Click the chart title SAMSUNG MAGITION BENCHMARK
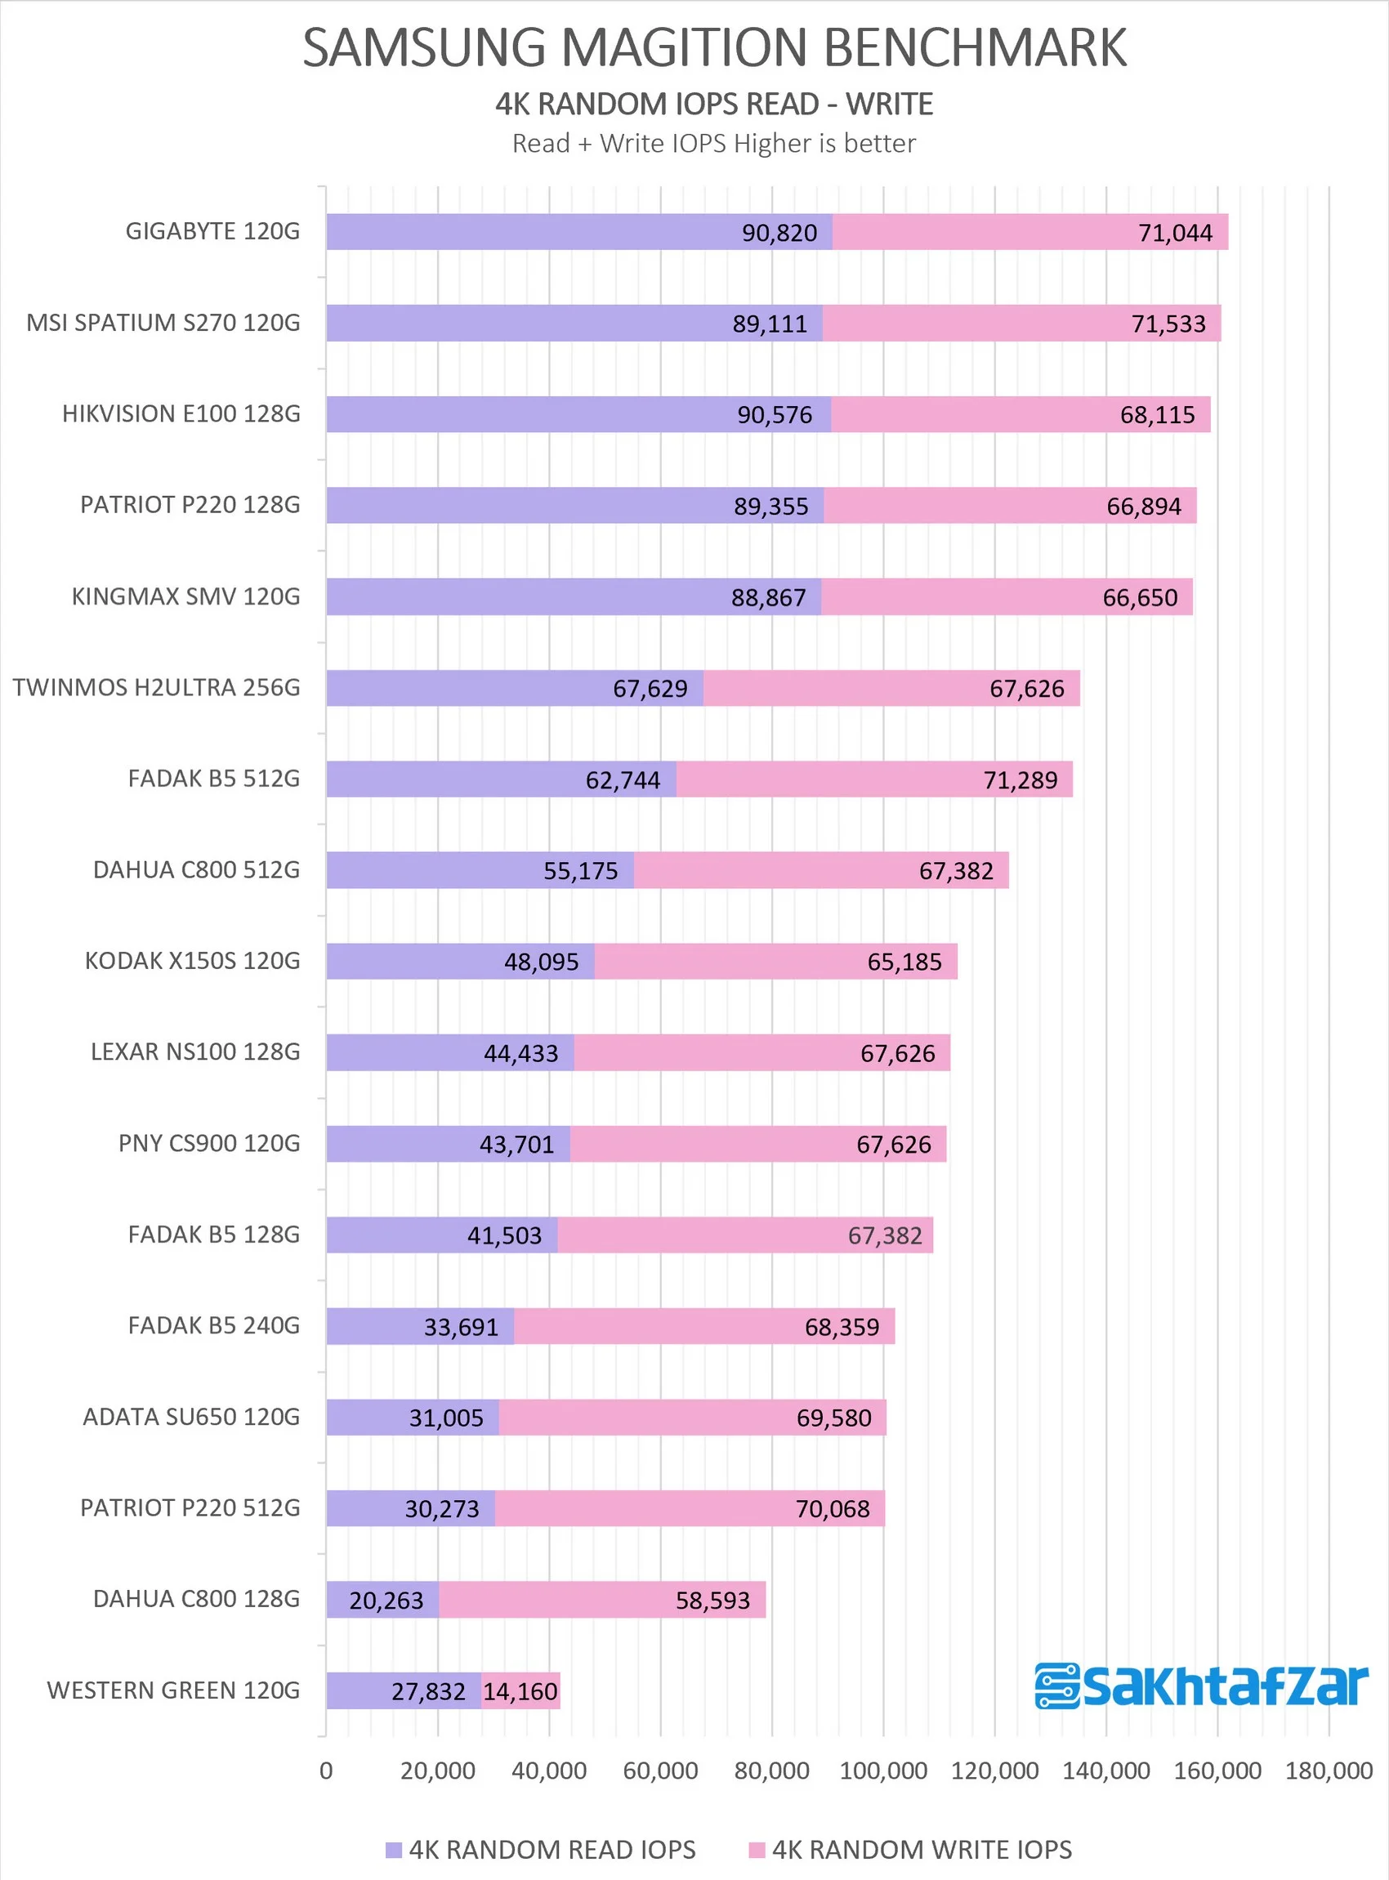(x=714, y=47)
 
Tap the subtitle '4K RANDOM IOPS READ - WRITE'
(x=714, y=105)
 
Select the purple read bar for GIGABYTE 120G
(x=579, y=232)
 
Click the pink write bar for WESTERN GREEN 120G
(x=520, y=1690)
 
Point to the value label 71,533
(x=1168, y=324)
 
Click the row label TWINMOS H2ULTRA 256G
(x=156, y=688)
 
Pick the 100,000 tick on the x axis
(x=884, y=1770)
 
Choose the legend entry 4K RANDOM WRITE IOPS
(x=910, y=1850)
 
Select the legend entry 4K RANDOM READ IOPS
(x=541, y=1850)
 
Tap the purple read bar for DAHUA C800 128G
(x=382, y=1599)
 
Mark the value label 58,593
(x=713, y=1600)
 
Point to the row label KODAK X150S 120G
(x=193, y=961)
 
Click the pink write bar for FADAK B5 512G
(x=874, y=779)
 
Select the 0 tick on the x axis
(x=326, y=1770)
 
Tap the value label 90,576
(x=775, y=414)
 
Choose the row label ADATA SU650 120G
(x=192, y=1418)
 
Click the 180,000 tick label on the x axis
(x=1329, y=1770)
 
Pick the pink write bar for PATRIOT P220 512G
(x=690, y=1508)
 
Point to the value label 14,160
(x=520, y=1691)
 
